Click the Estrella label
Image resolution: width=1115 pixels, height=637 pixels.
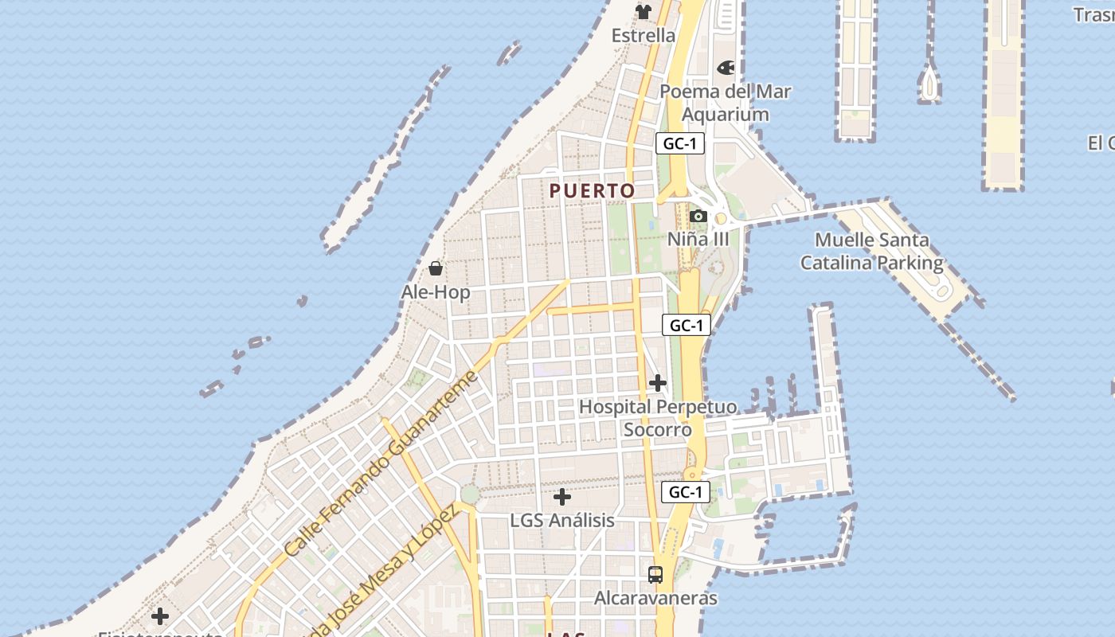(644, 36)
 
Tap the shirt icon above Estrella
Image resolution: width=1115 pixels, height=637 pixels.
(644, 12)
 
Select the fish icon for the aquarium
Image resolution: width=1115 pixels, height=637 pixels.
(726, 68)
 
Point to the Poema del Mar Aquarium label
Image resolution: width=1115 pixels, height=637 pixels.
(726, 103)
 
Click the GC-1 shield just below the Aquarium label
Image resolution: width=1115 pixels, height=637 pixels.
(680, 144)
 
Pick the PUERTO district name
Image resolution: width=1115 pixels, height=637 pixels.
(593, 191)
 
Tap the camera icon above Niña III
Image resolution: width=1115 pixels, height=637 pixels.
(698, 217)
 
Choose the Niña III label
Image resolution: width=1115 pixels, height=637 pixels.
(698, 240)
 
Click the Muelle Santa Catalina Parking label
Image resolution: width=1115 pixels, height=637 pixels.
(872, 251)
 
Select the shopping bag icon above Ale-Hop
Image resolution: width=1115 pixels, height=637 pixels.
(436, 268)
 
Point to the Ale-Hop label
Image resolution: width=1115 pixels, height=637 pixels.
(436, 292)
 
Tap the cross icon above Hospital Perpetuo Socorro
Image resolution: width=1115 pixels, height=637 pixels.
(658, 384)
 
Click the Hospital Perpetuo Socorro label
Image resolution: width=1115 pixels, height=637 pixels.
(658, 418)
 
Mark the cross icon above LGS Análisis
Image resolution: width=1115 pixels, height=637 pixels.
(562, 498)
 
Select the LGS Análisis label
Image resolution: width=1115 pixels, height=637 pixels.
(562, 521)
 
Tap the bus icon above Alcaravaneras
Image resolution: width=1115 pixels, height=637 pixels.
(655, 574)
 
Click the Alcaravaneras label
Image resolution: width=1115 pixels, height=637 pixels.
(655, 598)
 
